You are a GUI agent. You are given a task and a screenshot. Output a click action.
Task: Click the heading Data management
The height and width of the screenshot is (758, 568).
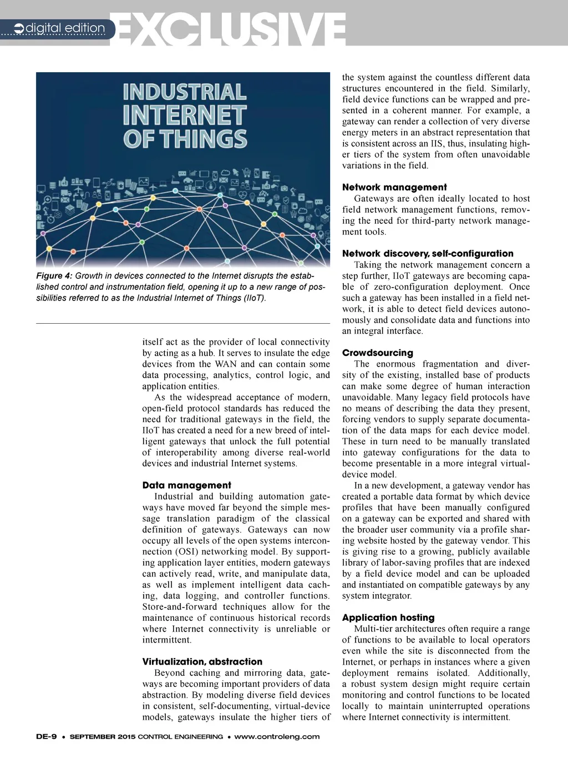186,485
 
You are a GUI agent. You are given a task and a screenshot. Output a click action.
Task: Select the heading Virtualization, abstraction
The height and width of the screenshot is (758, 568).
202,662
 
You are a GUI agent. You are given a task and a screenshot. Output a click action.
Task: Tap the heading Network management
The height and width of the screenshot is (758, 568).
394,188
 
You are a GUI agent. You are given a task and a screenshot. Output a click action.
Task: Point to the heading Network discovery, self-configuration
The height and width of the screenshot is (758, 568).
428,254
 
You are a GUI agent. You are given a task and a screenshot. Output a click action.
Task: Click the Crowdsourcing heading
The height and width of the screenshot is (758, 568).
378,353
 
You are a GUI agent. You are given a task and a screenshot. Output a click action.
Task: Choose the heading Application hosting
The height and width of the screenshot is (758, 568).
388,618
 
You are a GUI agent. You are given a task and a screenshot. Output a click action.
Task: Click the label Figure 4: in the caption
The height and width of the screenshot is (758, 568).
54,276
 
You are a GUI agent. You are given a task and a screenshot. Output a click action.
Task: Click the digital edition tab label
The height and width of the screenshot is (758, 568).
65,28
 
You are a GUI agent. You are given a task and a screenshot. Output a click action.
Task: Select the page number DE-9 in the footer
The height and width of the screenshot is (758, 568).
47,737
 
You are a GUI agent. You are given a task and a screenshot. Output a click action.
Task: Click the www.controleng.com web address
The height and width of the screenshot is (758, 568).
277,737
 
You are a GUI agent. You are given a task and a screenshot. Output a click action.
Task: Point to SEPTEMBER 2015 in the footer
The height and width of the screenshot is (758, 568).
102,737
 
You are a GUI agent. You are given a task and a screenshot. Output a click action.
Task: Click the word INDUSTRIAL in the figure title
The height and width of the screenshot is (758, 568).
185,92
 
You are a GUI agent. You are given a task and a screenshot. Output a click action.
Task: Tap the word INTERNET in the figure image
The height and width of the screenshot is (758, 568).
184,116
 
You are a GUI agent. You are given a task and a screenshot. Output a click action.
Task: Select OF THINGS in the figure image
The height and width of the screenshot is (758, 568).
185,139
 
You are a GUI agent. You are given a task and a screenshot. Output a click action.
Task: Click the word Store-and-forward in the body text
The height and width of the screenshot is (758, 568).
180,607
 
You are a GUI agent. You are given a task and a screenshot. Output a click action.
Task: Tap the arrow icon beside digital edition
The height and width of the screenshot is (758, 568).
19,28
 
